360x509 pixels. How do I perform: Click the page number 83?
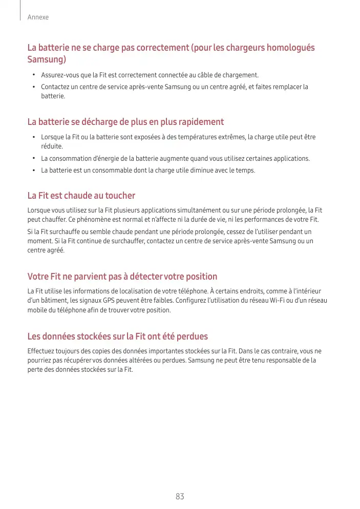pos(180,496)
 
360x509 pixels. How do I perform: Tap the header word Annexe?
pos(38,17)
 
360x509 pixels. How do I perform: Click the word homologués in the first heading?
pos(289,48)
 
